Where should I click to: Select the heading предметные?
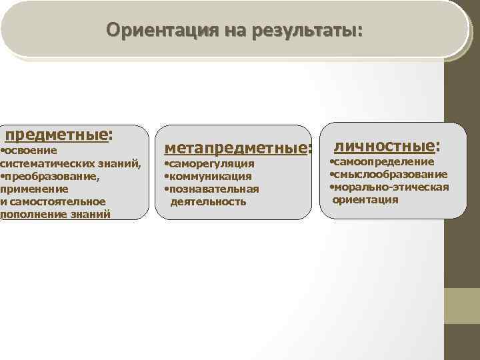coord(56,136)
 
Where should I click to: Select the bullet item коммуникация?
coord(211,177)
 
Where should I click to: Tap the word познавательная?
coord(215,189)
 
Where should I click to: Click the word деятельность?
coord(209,201)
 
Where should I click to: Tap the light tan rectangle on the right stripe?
coord(462,306)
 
